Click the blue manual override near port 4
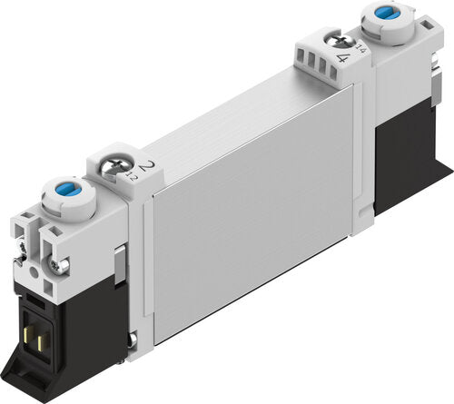(380, 15)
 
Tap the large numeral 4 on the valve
(342, 56)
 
